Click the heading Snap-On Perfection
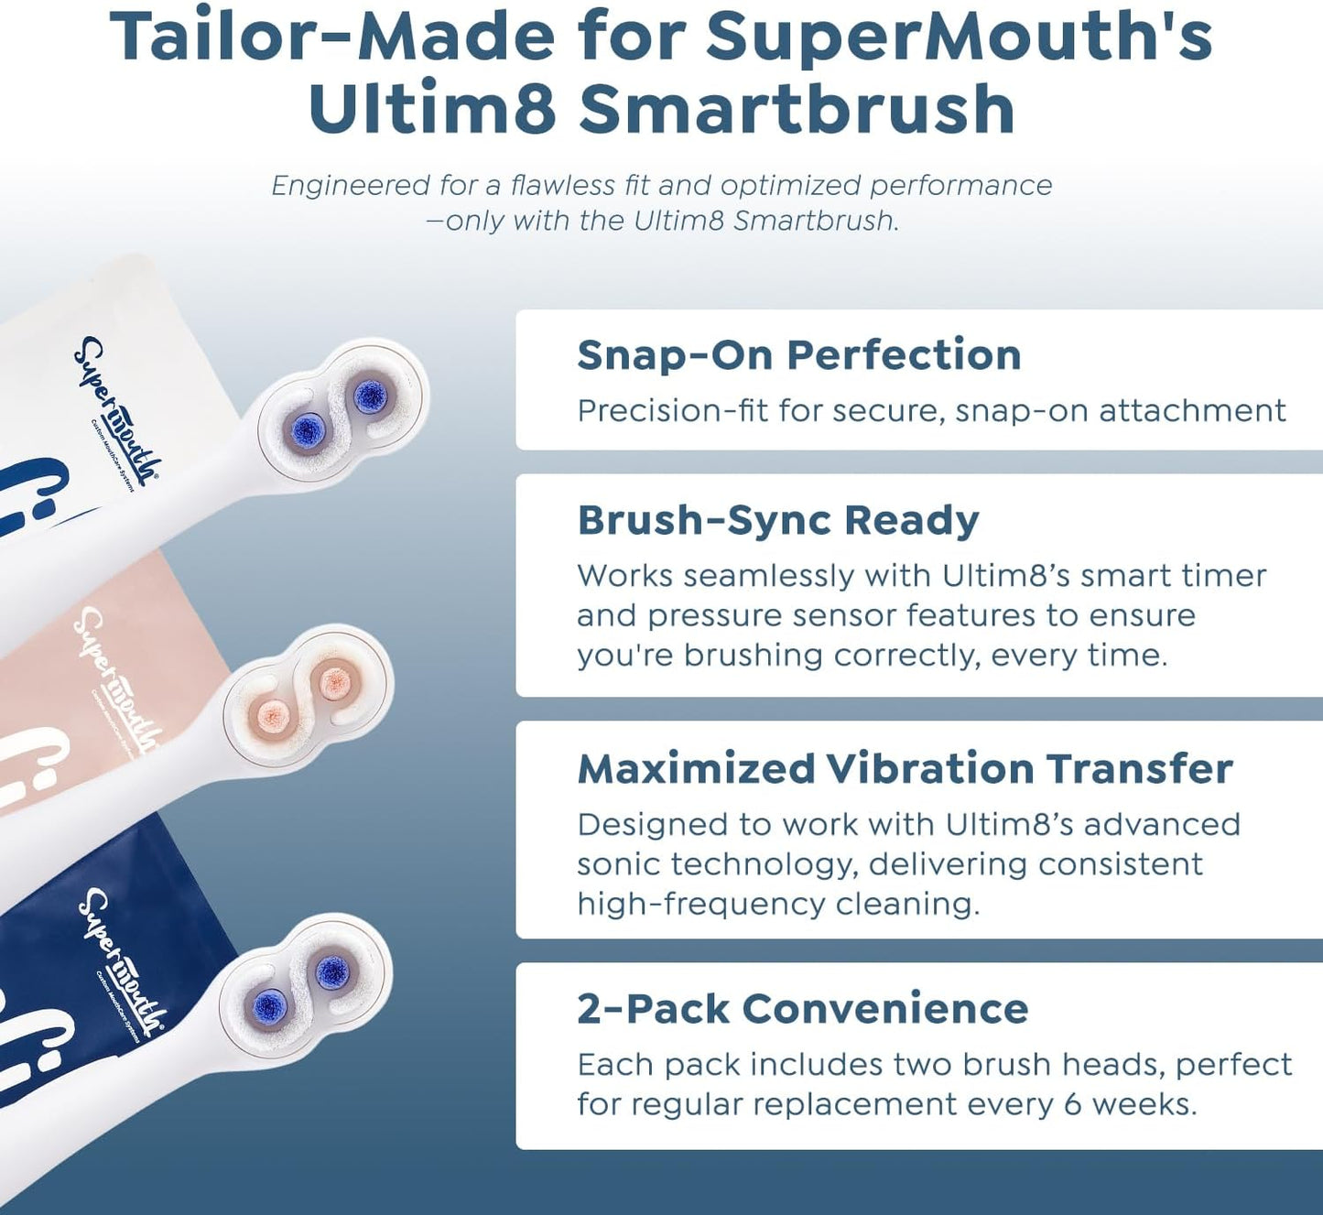(x=798, y=355)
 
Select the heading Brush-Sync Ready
(x=778, y=520)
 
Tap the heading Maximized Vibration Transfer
(x=905, y=769)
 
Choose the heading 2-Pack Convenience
(x=802, y=1009)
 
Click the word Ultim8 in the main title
(x=432, y=109)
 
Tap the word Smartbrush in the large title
(x=797, y=109)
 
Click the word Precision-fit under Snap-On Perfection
(x=672, y=411)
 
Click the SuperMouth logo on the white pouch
(x=115, y=411)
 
